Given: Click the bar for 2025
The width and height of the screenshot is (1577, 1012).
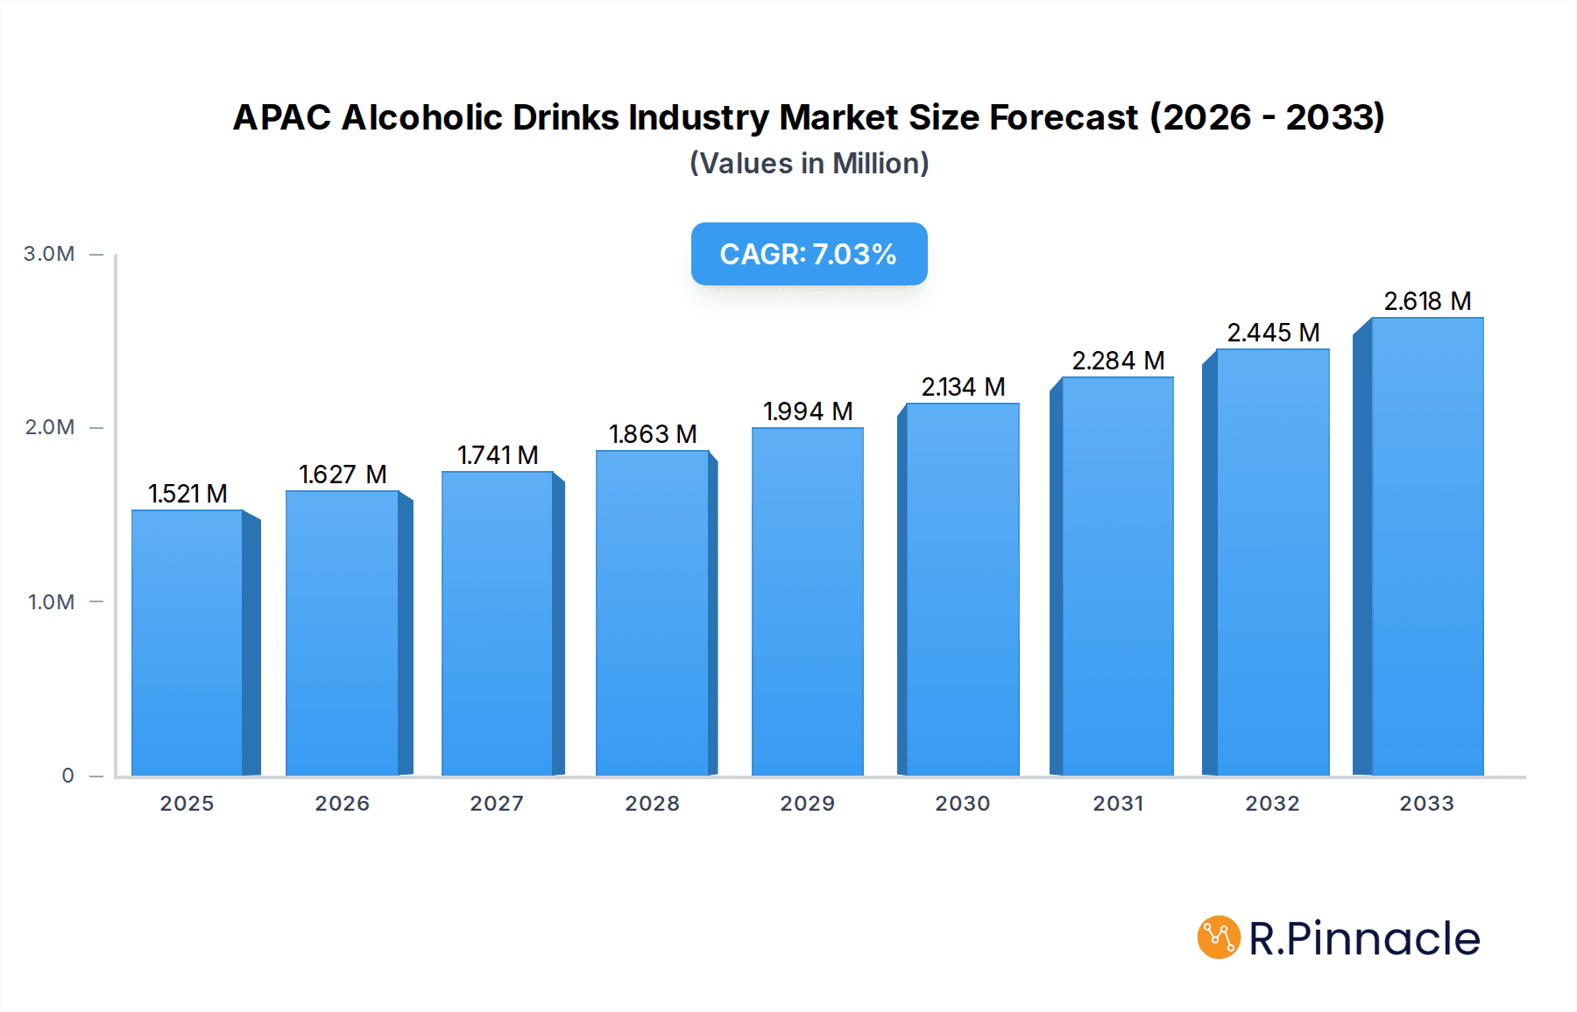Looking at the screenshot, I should pos(187,643).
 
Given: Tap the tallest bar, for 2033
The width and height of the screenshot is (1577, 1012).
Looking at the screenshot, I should pos(1426,546).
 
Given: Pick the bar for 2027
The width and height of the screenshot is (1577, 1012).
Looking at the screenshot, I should pos(497,623).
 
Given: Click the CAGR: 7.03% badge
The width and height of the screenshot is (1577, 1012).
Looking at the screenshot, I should pos(809,254).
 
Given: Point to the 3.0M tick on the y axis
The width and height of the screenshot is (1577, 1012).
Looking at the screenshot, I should pos(49,254).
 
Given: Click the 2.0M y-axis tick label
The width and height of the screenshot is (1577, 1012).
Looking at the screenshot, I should pos(49,427).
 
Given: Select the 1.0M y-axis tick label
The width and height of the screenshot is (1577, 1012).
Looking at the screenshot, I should pos(51,602).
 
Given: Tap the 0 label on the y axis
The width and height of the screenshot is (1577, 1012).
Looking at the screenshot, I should pos(67,776).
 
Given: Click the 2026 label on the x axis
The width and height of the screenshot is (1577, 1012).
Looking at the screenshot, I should pos(342,804).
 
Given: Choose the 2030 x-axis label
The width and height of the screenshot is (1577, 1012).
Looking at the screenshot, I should pos(962,804).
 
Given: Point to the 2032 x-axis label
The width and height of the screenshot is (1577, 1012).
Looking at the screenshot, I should pos(1272,804).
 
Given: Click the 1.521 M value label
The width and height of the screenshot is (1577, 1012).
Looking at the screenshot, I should pos(187,494).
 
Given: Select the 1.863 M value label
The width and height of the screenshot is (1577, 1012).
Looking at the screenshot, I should pos(653,434).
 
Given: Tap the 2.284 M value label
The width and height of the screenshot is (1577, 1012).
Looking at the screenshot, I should pos(1118,361).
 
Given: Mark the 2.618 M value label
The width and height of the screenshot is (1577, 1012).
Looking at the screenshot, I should pos(1427,301).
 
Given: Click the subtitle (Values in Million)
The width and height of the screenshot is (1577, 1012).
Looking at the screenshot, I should pos(809,164).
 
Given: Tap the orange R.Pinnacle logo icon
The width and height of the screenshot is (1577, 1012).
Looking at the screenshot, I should pos(1218,938).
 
